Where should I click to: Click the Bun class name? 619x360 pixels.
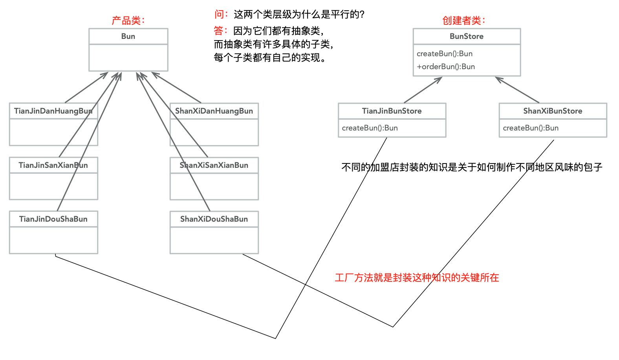pyautogui.click(x=128, y=36)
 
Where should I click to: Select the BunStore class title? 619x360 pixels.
pyautogui.click(x=466, y=36)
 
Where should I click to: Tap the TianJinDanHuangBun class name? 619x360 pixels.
pyautogui.click(x=53, y=111)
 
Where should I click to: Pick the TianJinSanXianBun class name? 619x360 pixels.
pyautogui.click(x=53, y=165)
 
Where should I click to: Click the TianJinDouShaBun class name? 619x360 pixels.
pyautogui.click(x=53, y=219)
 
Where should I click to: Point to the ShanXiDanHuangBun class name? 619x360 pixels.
pyautogui.click(x=214, y=111)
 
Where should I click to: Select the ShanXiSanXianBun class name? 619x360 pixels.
pyautogui.click(x=214, y=165)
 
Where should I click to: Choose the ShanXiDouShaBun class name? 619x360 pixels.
pyautogui.click(x=214, y=219)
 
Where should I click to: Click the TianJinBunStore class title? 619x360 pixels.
pyautogui.click(x=392, y=111)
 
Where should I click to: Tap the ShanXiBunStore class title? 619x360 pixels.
pyautogui.click(x=552, y=111)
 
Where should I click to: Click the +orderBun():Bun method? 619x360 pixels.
pyautogui.click(x=446, y=66)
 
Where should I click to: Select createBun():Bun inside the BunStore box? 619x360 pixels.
pyautogui.click(x=444, y=53)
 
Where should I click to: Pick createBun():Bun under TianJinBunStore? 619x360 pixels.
pyautogui.click(x=370, y=128)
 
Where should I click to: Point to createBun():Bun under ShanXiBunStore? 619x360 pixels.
pyautogui.click(x=530, y=128)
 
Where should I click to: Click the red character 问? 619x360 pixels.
pyautogui.click(x=219, y=15)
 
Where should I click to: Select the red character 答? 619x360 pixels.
pyautogui.click(x=218, y=31)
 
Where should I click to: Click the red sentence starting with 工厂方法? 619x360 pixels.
pyautogui.click(x=416, y=278)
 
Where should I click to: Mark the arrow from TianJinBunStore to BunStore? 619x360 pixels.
pyautogui.click(x=423, y=90)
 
